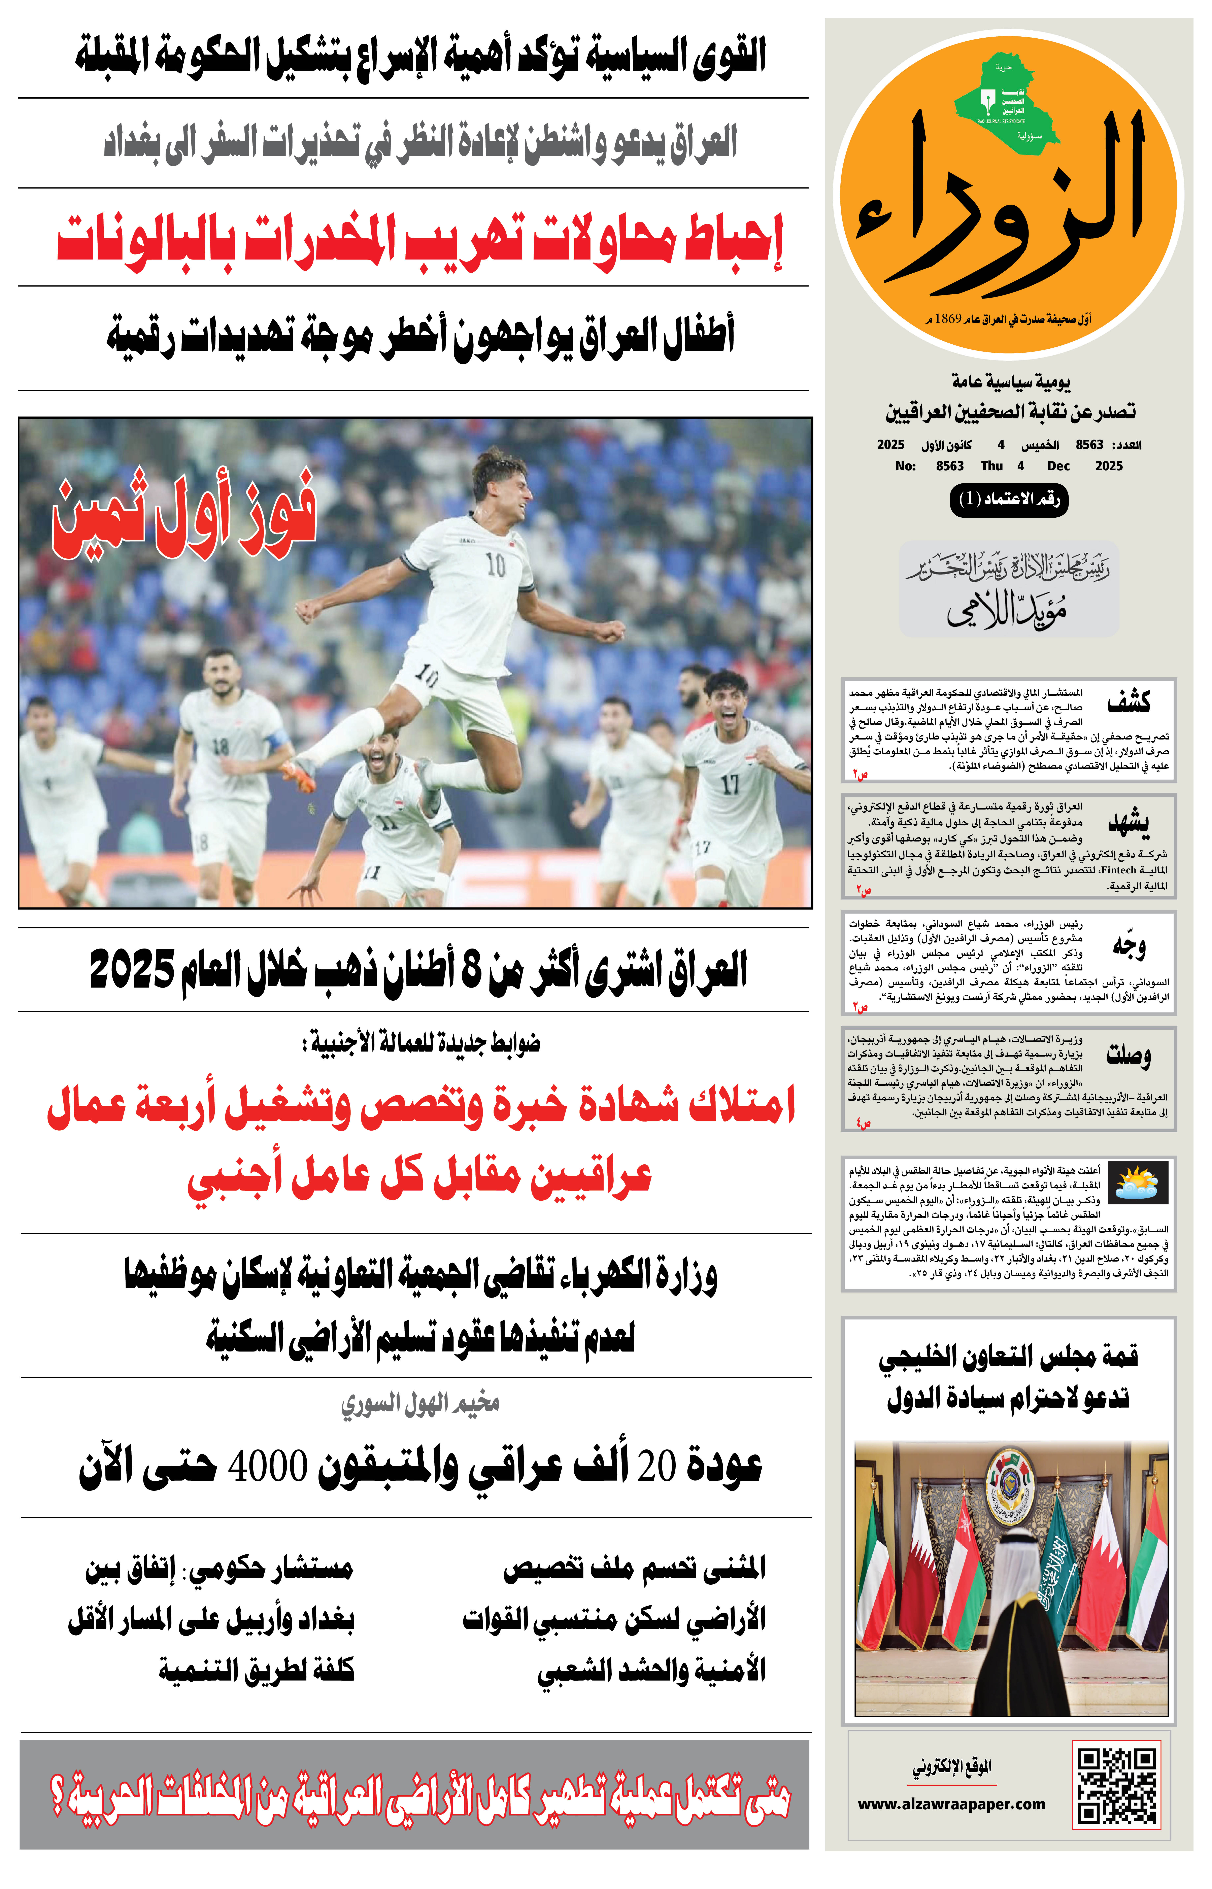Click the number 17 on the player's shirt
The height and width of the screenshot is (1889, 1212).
(730, 784)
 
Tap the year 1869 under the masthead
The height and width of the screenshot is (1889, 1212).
(948, 319)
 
